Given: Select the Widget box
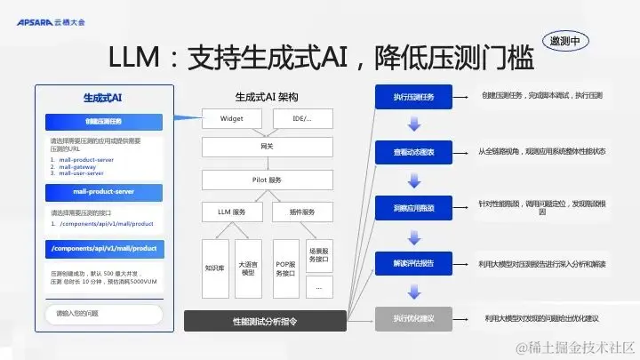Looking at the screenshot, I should click(x=232, y=118).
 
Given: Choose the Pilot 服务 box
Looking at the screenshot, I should click(x=267, y=180).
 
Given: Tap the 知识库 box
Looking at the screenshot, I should click(x=215, y=266).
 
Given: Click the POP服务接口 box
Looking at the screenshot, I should click(x=285, y=266).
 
